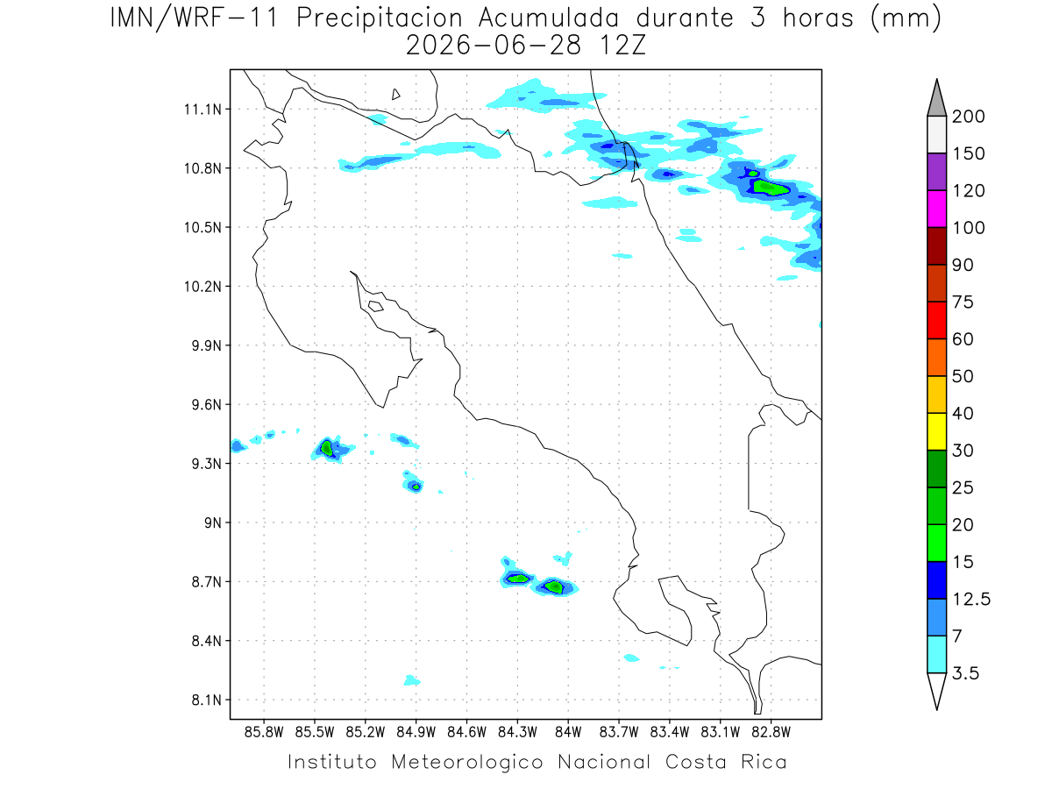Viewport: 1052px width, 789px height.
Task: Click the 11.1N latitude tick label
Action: pyautogui.click(x=203, y=110)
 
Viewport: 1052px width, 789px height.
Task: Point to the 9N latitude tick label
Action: pyautogui.click(x=213, y=522)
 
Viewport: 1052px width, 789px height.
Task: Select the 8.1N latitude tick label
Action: pyautogui.click(x=207, y=700)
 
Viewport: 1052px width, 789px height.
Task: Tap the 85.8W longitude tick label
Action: pyautogui.click(x=264, y=733)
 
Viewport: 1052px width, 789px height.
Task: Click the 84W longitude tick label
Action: pyautogui.click(x=568, y=733)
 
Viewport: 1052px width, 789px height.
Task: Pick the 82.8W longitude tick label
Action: pyautogui.click(x=771, y=733)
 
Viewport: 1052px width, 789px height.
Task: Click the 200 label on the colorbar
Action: pyautogui.click(x=968, y=117)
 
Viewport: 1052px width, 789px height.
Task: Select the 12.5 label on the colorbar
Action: pyautogui.click(x=971, y=600)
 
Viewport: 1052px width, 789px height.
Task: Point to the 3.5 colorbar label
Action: pyautogui.click(x=965, y=673)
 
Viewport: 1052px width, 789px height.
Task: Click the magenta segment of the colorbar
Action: pyautogui.click(x=936, y=209)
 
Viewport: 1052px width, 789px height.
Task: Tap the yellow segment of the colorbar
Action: pyautogui.click(x=936, y=431)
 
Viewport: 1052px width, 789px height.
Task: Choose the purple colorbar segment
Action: pyautogui.click(x=936, y=172)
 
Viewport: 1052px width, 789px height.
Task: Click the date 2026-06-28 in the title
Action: pyautogui.click(x=494, y=46)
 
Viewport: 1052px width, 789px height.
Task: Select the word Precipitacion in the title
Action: pyautogui.click(x=380, y=18)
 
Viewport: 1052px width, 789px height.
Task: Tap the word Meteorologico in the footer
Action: pyautogui.click(x=466, y=762)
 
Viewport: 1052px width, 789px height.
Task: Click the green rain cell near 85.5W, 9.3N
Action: pyautogui.click(x=326, y=448)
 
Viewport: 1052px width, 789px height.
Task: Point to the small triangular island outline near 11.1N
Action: pyautogui.click(x=395, y=94)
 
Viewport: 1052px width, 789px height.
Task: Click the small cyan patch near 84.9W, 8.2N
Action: pyautogui.click(x=411, y=680)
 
